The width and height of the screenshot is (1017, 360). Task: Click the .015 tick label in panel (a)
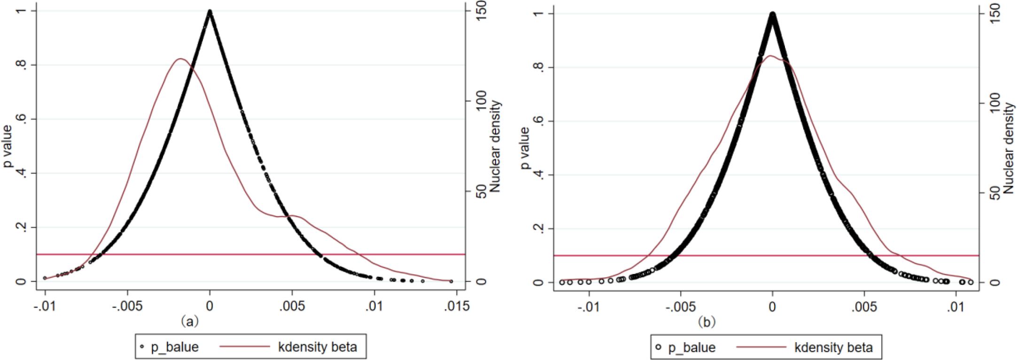pyautogui.click(x=457, y=306)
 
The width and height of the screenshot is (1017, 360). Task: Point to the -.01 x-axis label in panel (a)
pyautogui.click(x=45, y=306)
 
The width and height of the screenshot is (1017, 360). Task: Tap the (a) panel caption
pyautogui.click(x=190, y=321)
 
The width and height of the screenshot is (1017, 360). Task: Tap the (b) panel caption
pyautogui.click(x=706, y=322)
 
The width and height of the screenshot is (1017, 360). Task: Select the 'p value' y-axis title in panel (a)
pyautogui.click(x=8, y=146)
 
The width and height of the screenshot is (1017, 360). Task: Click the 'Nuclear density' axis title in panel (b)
pyautogui.click(x=1009, y=149)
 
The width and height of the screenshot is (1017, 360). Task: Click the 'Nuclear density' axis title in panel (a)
pyautogui.click(x=495, y=146)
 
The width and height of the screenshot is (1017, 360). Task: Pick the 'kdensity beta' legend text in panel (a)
pyautogui.click(x=318, y=347)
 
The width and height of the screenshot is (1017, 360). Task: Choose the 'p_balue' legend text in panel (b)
pyautogui.click(x=692, y=348)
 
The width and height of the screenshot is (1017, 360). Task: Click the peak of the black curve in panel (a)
pyautogui.click(x=210, y=11)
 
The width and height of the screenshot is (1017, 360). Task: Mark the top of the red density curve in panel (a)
pyautogui.click(x=180, y=59)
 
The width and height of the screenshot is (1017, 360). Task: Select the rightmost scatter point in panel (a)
pyautogui.click(x=451, y=281)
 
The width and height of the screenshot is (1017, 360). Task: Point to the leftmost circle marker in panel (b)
pyautogui.click(x=562, y=282)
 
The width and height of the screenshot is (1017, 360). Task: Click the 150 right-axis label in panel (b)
pyautogui.click(x=995, y=14)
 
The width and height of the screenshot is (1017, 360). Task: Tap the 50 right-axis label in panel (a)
pyautogui.click(x=481, y=191)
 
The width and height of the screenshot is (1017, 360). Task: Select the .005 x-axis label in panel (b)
pyautogui.click(x=863, y=307)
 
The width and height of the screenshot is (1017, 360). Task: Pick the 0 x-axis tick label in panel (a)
pyautogui.click(x=210, y=306)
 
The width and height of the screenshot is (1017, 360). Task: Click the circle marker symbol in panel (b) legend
pyautogui.click(x=659, y=347)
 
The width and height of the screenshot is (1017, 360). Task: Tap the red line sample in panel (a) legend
pyautogui.click(x=245, y=347)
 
